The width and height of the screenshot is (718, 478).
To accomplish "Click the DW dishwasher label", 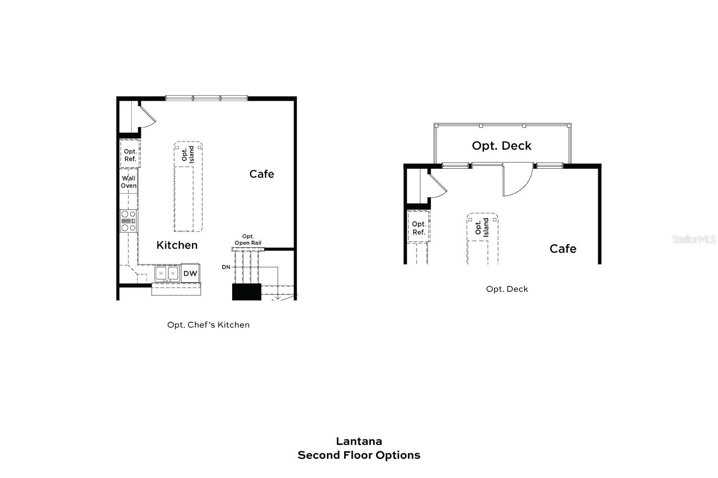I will pyautogui.click(x=190, y=273).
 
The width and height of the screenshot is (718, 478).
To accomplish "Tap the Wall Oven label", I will pyautogui.click(x=128, y=182).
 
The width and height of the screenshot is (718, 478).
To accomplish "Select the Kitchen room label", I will pyautogui.click(x=177, y=245).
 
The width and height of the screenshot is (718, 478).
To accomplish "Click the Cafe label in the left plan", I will pyautogui.click(x=262, y=174).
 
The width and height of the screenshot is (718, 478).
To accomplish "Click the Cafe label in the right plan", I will pyautogui.click(x=563, y=249).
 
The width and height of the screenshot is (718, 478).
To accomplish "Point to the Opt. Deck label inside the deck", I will pyautogui.click(x=502, y=146).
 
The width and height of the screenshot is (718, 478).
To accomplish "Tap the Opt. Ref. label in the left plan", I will pyautogui.click(x=130, y=155).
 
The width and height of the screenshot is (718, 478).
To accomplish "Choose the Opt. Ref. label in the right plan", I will pyautogui.click(x=419, y=228).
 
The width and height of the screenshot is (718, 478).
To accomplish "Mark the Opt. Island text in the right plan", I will pyautogui.click(x=482, y=227).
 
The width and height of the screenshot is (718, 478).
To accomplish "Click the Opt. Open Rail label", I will pyautogui.click(x=248, y=240).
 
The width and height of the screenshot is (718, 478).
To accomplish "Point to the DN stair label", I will pyautogui.click(x=226, y=267).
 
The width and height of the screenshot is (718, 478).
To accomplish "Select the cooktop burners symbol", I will pyautogui.click(x=128, y=221).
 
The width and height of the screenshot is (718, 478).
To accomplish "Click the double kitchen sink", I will pyautogui.click(x=167, y=273).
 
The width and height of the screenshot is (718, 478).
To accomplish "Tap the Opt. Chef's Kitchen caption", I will pyautogui.click(x=208, y=325).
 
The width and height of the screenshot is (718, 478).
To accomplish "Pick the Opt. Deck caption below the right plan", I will pyautogui.click(x=507, y=289).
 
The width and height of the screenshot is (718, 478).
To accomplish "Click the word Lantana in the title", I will pyautogui.click(x=359, y=441).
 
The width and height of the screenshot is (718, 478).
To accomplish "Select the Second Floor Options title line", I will pyautogui.click(x=359, y=455).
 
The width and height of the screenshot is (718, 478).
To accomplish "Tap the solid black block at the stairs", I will pyautogui.click(x=247, y=292).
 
